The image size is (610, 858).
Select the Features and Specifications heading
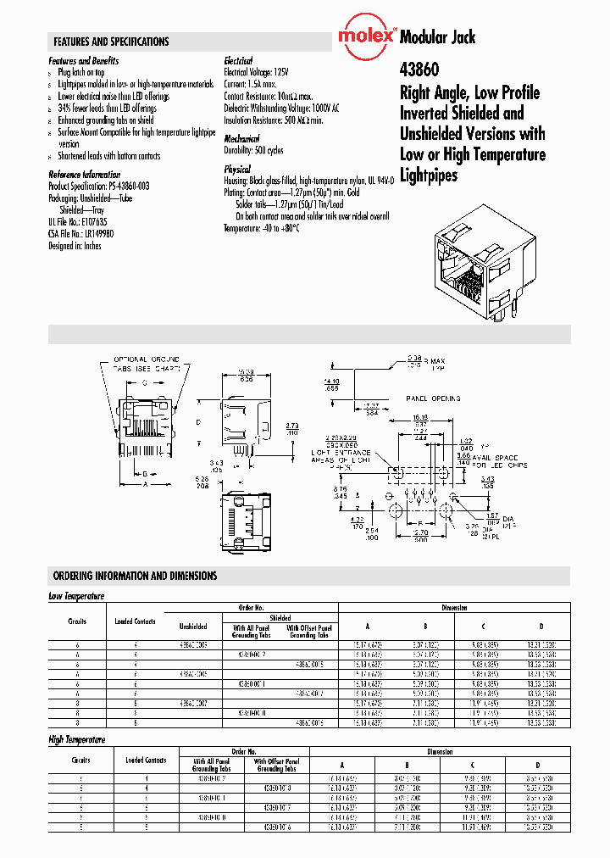(x=111, y=42)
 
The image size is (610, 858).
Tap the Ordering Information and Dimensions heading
(x=135, y=576)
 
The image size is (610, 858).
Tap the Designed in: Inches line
(x=75, y=246)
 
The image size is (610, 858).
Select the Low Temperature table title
(x=77, y=596)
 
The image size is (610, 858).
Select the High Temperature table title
(x=78, y=739)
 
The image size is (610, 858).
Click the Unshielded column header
(x=194, y=627)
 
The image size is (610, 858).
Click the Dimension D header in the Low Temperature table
(x=541, y=627)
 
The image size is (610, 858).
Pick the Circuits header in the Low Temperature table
(x=77, y=621)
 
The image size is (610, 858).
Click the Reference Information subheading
(x=85, y=174)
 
